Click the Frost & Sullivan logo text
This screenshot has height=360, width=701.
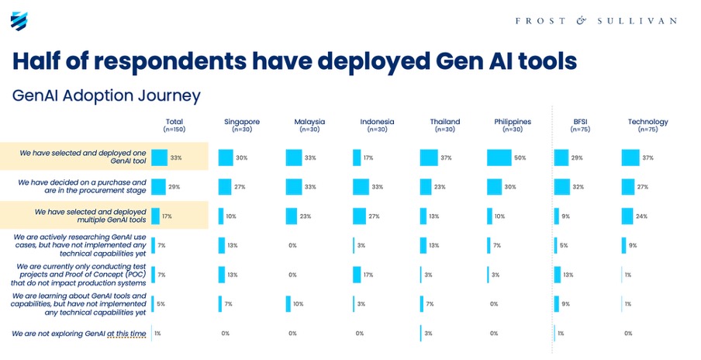596,21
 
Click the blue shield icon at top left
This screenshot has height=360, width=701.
19,21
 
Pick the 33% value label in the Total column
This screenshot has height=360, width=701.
176,157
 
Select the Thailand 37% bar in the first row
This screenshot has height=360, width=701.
429,157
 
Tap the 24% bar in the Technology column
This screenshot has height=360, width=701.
628,216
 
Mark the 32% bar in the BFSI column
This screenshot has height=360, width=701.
563,187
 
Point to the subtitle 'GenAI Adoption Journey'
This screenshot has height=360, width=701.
106,95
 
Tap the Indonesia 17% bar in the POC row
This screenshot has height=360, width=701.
357,275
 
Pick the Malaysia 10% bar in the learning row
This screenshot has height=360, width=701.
288,303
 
